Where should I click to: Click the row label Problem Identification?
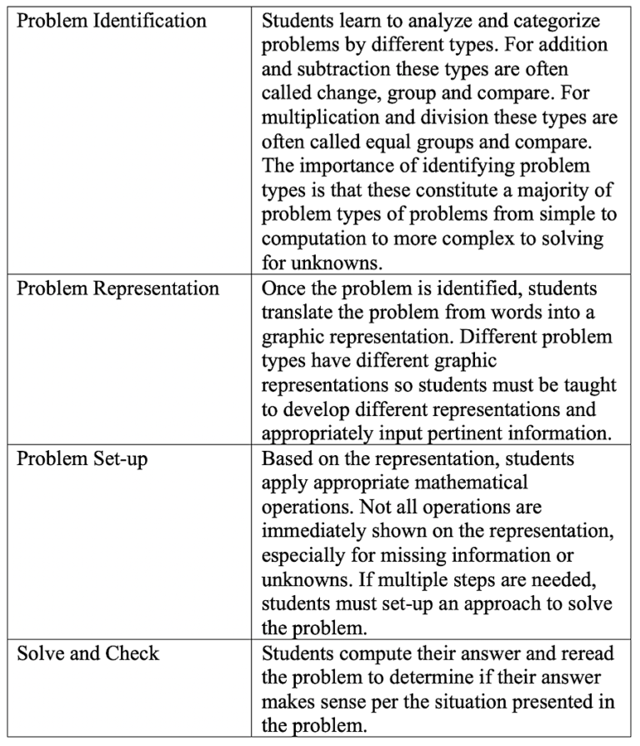(x=112, y=21)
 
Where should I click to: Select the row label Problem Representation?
(x=118, y=289)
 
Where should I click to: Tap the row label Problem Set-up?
(x=82, y=458)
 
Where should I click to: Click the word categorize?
(x=547, y=21)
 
